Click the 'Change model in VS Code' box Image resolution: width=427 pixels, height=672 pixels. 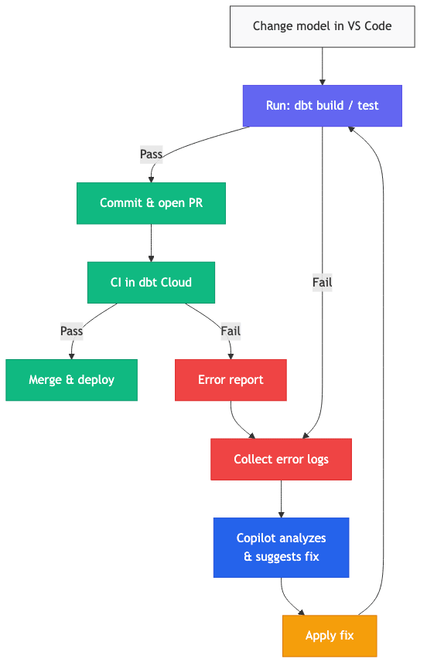click(322, 26)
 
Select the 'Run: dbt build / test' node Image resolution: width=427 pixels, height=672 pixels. click(322, 106)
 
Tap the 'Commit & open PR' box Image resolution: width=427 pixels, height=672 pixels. click(151, 203)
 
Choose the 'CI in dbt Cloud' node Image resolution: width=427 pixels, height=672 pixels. click(151, 282)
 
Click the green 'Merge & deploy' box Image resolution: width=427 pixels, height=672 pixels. click(71, 380)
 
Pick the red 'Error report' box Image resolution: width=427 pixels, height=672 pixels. click(231, 380)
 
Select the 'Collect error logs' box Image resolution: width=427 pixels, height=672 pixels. click(281, 460)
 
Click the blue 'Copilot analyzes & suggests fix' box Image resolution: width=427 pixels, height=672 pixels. click(281, 548)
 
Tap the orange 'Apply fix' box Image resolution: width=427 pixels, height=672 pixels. click(330, 636)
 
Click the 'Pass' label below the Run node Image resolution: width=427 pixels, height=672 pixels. click(151, 154)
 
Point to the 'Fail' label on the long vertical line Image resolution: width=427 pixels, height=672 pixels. click(322, 282)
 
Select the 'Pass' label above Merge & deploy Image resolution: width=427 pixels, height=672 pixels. click(71, 331)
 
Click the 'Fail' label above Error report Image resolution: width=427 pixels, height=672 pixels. click(231, 331)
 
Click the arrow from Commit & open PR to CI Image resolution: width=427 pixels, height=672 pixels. click(151, 243)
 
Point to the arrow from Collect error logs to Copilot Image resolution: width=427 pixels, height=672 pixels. click(281, 499)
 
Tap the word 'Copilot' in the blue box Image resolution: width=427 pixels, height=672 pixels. click(259, 538)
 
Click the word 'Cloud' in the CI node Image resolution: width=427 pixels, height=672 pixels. click(175, 282)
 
